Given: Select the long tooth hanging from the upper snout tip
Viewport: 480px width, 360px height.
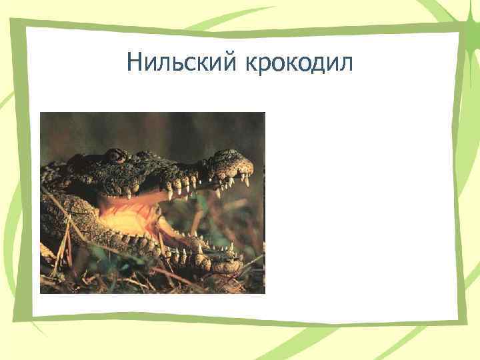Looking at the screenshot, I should [246, 181].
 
